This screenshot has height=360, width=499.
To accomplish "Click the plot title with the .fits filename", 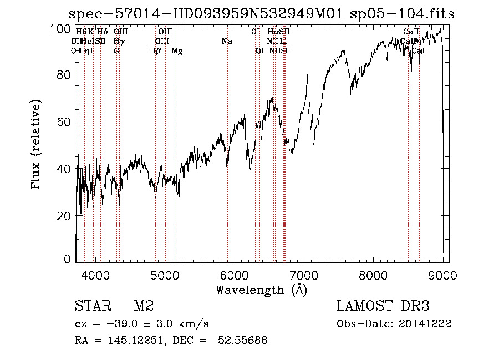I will click(x=261, y=14).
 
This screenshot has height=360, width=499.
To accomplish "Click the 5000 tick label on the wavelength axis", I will click(x=164, y=275).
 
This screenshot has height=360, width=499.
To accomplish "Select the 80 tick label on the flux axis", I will click(x=65, y=74).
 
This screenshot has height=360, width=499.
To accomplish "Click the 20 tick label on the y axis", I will click(x=65, y=216).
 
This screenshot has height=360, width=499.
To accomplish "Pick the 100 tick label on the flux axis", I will click(x=62, y=28).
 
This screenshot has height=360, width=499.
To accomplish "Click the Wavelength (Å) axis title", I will click(x=261, y=290).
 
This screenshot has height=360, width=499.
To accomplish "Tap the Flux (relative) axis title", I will click(x=37, y=145).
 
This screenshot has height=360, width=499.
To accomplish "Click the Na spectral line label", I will click(x=226, y=42).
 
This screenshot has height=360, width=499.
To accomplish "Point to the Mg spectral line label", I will click(x=177, y=51).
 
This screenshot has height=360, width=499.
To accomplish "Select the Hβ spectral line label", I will click(x=155, y=51).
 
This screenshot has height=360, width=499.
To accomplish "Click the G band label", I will click(x=116, y=51).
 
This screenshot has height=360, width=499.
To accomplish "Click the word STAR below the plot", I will click(x=92, y=306).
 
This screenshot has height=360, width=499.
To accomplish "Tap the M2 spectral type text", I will click(x=144, y=306).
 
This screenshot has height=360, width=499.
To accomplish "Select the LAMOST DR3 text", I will click(x=383, y=306).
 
